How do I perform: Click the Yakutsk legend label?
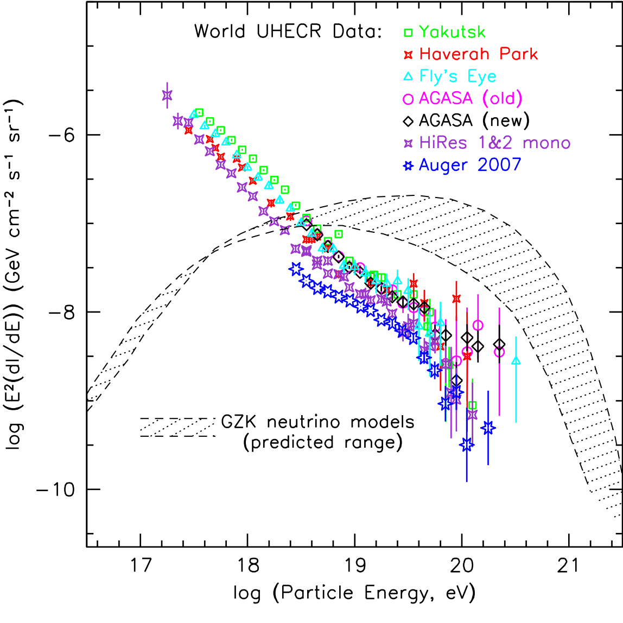point(452,32)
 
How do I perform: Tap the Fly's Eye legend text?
point(457,77)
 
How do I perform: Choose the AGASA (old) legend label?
point(471,98)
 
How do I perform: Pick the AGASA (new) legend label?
point(474,120)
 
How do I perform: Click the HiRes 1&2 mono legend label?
point(494,143)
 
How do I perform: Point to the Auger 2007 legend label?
point(470,165)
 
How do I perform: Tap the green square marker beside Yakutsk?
point(409,33)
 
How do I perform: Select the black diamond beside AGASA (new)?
point(409,120)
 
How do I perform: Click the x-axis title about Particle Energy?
point(354,593)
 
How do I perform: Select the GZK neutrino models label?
point(318,422)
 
